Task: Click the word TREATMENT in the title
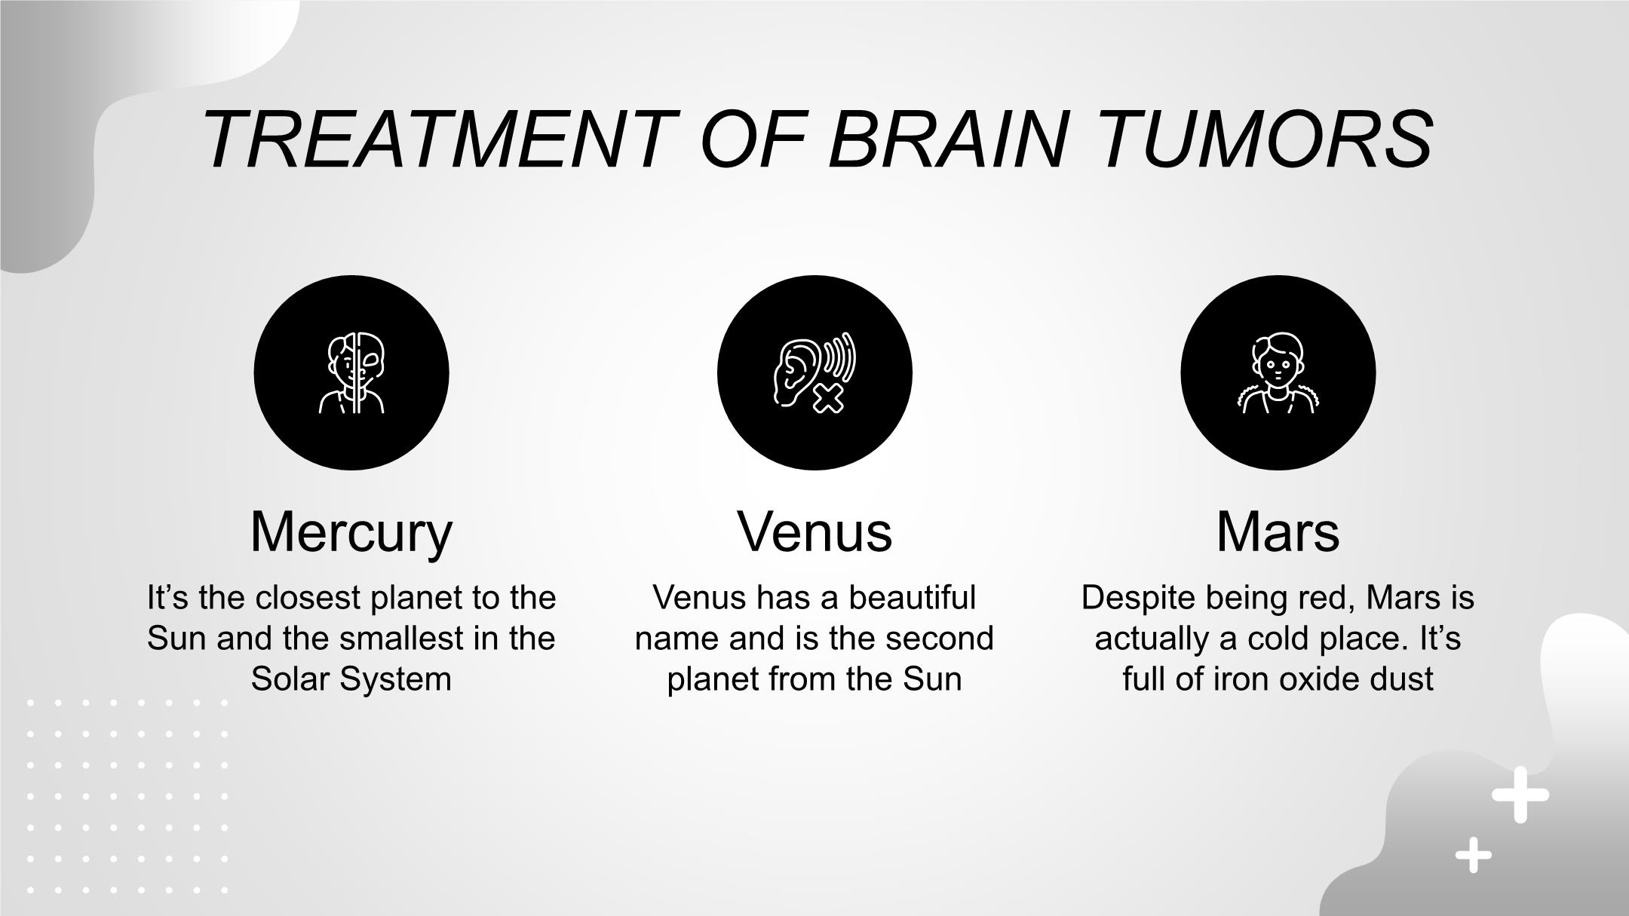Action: pos(434,139)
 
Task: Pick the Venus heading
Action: pos(814,532)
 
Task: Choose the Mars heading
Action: pos(1278,532)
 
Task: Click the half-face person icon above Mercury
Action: pos(351,373)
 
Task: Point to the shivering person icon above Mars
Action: pos(1278,373)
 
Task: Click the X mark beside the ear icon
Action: pos(827,397)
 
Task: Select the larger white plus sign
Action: pos(1520,795)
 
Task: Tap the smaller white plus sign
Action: pos(1473,855)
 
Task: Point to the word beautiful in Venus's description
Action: pos(913,598)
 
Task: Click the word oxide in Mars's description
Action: pos(1294,679)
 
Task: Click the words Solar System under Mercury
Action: pos(351,680)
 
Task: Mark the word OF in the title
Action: pos(747,139)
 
